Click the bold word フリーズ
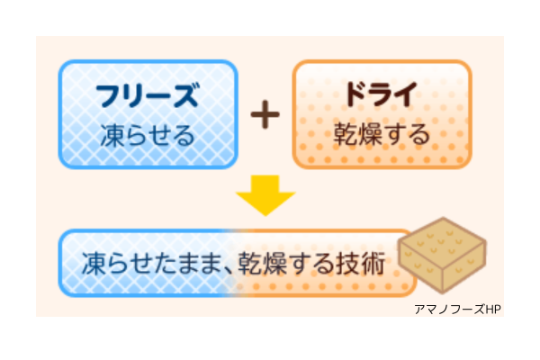148,94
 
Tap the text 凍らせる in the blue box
148,136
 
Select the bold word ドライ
382,94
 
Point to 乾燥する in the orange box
382,136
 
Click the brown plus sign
265,116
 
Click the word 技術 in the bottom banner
365,265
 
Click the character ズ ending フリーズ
184,94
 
